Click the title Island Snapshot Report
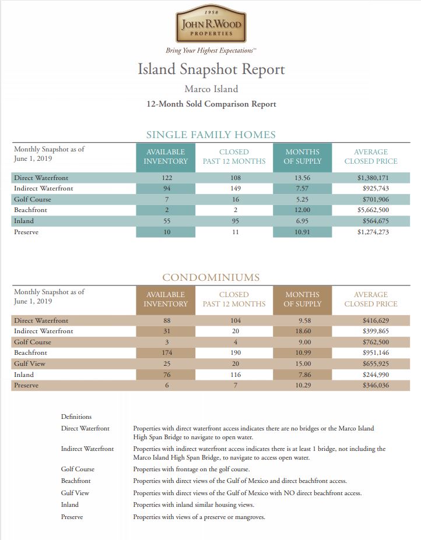211,69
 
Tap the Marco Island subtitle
211,89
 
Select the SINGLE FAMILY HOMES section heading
210,135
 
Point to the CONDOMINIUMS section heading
210,277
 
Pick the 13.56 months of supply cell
302,178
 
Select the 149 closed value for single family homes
234,188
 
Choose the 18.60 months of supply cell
302,331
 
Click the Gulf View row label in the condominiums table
27,363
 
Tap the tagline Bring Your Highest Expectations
210,51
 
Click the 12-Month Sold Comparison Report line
211,104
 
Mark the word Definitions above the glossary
76,417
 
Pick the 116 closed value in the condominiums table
234,375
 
